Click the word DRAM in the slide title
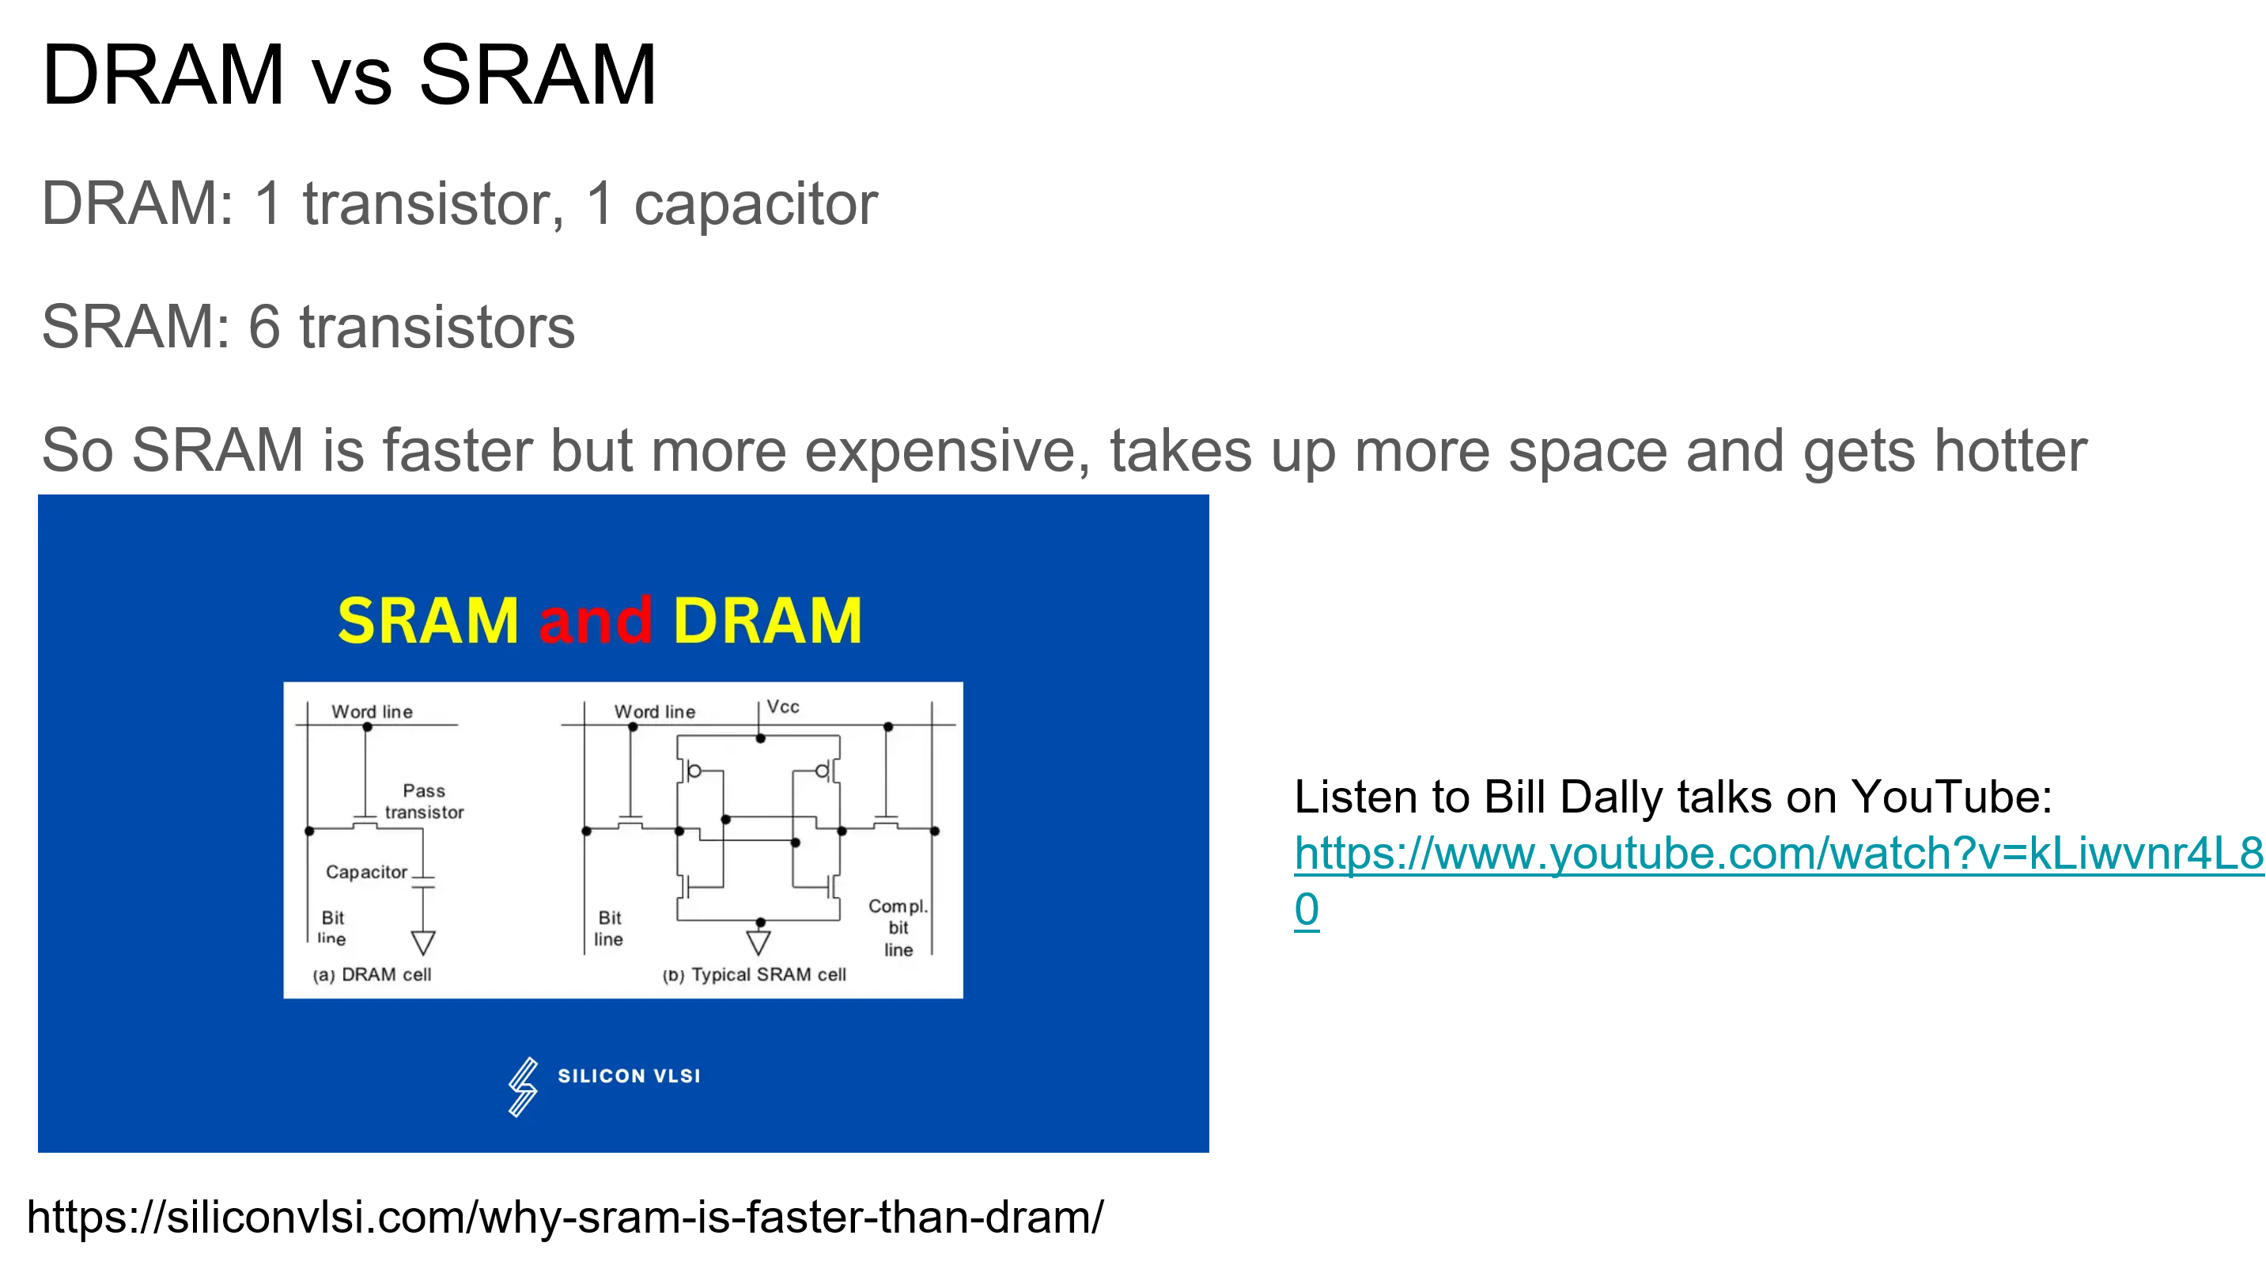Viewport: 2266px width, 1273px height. click(163, 76)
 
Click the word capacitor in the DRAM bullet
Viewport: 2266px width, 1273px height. click(755, 204)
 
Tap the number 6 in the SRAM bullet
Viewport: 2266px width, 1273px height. click(264, 327)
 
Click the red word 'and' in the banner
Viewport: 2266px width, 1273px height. click(596, 620)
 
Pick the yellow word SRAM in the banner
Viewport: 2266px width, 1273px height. click(428, 620)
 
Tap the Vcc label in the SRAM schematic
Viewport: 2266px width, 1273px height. click(783, 707)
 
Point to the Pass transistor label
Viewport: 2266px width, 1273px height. click(424, 801)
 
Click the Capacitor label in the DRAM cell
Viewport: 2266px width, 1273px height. click(366, 872)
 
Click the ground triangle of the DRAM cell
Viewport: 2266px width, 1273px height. click(423, 943)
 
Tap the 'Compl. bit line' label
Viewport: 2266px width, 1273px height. click(898, 927)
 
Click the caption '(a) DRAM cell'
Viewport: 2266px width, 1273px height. click(372, 975)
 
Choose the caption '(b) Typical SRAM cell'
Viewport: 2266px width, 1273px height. click(754, 975)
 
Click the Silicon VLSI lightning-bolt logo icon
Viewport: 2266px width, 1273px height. click(524, 1087)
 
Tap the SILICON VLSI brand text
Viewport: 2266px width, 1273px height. click(629, 1076)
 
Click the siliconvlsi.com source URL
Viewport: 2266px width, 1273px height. click(565, 1218)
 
